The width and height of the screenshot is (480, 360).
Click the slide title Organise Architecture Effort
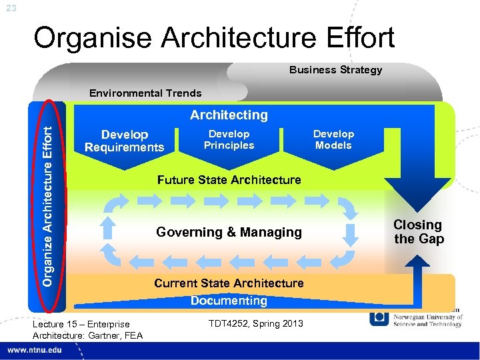[214, 38]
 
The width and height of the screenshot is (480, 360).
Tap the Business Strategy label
[335, 70]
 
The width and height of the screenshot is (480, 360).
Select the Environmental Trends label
[145, 93]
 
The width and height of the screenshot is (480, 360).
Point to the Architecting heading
[229, 115]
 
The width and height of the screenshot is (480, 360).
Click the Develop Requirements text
[124, 141]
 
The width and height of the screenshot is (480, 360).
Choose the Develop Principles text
[229, 139]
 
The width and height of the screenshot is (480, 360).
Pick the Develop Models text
[333, 139]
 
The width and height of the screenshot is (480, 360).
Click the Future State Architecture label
[229, 179]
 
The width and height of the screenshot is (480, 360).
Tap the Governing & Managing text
[229, 232]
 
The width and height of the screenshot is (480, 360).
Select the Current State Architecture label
[229, 283]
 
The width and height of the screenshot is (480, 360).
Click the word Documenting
[229, 301]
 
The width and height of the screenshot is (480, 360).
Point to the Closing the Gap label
[418, 232]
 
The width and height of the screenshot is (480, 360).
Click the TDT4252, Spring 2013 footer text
[255, 323]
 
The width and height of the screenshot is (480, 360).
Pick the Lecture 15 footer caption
[87, 329]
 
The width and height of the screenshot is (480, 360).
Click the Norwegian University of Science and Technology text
[427, 320]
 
